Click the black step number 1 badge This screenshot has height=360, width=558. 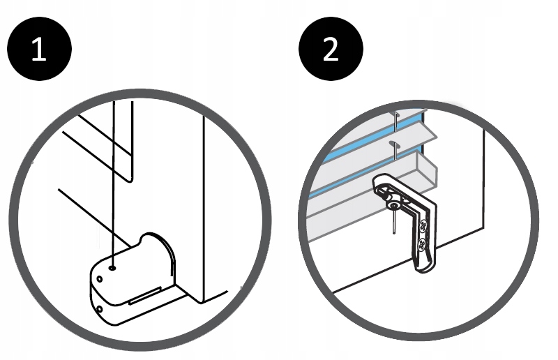[x=39, y=50]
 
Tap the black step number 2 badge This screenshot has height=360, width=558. [x=331, y=50]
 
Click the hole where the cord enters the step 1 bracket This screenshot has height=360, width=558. [x=113, y=266]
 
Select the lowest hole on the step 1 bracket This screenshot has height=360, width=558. [x=100, y=306]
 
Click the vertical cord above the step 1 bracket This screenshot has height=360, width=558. [x=112, y=181]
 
